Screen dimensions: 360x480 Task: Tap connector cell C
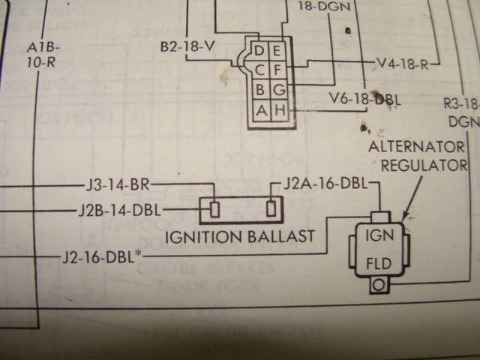[x=260, y=71]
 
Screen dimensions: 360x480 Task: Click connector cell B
[x=260, y=91]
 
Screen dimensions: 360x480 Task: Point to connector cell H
[x=278, y=111]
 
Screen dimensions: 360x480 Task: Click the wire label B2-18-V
[x=187, y=46]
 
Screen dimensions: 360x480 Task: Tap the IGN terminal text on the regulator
[x=379, y=234]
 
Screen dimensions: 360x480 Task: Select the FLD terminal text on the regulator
[x=379, y=265]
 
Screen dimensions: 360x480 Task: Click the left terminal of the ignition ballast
[x=214, y=209]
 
